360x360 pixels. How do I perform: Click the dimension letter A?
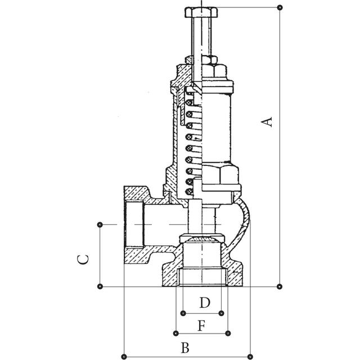[267, 121]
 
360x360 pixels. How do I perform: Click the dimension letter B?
[185, 348]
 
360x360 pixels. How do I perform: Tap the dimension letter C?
[83, 259]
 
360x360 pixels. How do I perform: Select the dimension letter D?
[205, 303]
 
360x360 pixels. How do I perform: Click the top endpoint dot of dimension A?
[280, 7]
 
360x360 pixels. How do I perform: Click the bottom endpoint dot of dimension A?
[280, 286]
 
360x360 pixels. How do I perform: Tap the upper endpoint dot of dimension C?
[100, 224]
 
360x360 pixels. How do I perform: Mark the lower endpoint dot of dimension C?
[100, 286]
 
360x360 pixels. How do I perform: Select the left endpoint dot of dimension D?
[183, 313]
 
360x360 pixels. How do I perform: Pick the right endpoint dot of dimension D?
[221, 313]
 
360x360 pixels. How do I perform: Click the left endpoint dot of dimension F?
[176, 333]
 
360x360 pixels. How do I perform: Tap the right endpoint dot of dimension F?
[228, 333]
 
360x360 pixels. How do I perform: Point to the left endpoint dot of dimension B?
[124, 357]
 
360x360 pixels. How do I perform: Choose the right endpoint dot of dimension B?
[250, 357]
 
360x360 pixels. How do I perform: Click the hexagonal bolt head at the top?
[201, 12]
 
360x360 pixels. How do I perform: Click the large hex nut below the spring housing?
[220, 175]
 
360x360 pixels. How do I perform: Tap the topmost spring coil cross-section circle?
[189, 102]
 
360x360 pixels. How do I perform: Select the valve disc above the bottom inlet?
[201, 238]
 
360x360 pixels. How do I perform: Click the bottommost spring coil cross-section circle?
[189, 191]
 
